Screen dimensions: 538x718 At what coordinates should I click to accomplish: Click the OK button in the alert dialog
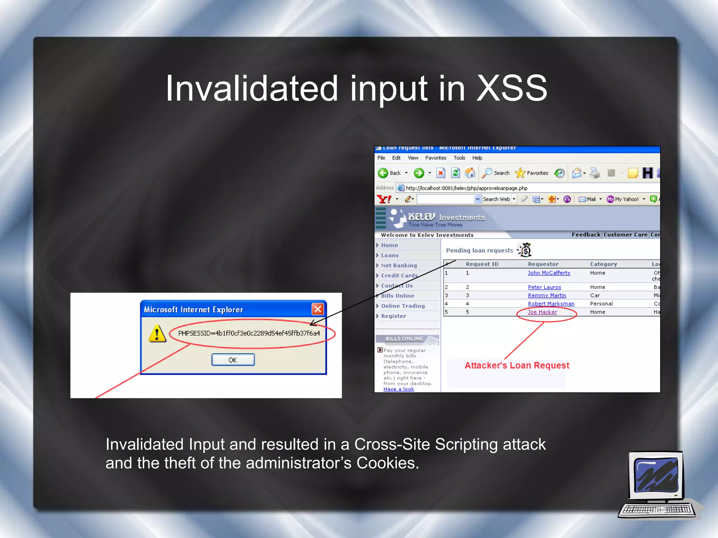(233, 360)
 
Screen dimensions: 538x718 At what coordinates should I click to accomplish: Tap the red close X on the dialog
(318, 309)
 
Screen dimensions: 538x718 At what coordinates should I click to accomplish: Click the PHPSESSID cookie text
(249, 333)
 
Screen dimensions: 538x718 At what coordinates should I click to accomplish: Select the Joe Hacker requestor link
(542, 312)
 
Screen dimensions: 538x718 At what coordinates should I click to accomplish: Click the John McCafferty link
(549, 273)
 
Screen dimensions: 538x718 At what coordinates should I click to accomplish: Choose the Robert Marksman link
(551, 304)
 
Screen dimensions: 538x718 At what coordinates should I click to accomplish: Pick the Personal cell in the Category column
(601, 304)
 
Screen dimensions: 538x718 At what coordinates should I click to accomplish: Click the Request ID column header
(482, 264)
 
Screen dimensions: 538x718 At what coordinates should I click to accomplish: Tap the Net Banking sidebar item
(399, 265)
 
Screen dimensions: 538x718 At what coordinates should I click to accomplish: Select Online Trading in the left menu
(402, 306)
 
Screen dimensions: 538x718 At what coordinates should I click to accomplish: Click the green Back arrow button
(383, 173)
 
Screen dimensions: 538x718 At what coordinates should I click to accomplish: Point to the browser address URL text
(466, 188)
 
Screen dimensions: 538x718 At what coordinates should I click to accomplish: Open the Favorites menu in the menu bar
(435, 158)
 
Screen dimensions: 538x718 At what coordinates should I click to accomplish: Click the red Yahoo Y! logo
(384, 199)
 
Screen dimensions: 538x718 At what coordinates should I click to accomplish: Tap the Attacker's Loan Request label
(517, 365)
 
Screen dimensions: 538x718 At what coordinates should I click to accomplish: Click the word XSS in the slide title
(512, 88)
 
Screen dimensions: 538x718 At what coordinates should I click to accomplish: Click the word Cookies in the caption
(387, 463)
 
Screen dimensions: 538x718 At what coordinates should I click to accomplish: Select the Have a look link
(399, 389)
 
